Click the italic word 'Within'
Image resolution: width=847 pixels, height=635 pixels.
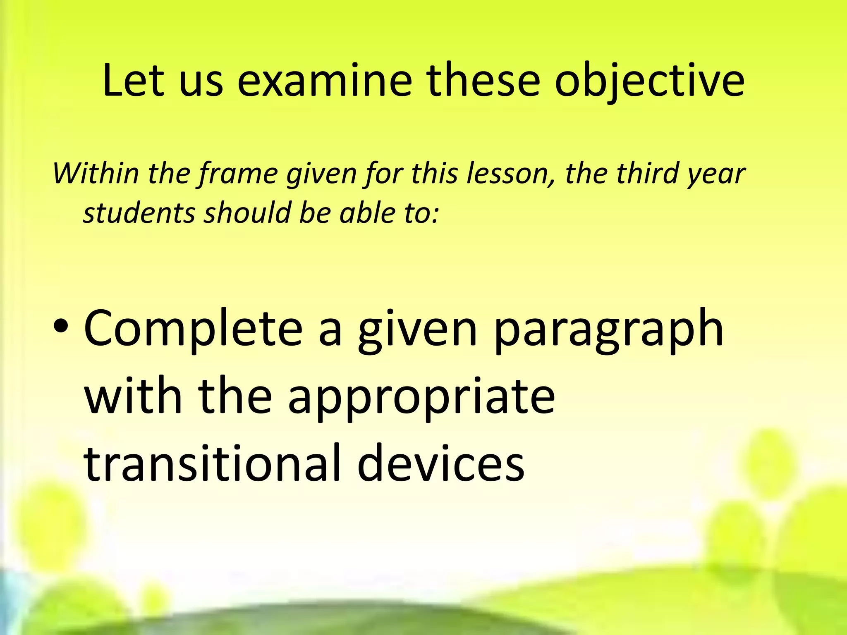click(x=96, y=174)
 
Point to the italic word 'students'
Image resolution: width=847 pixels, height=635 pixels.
click(x=139, y=213)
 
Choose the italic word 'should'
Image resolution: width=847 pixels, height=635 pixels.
click(x=248, y=213)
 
